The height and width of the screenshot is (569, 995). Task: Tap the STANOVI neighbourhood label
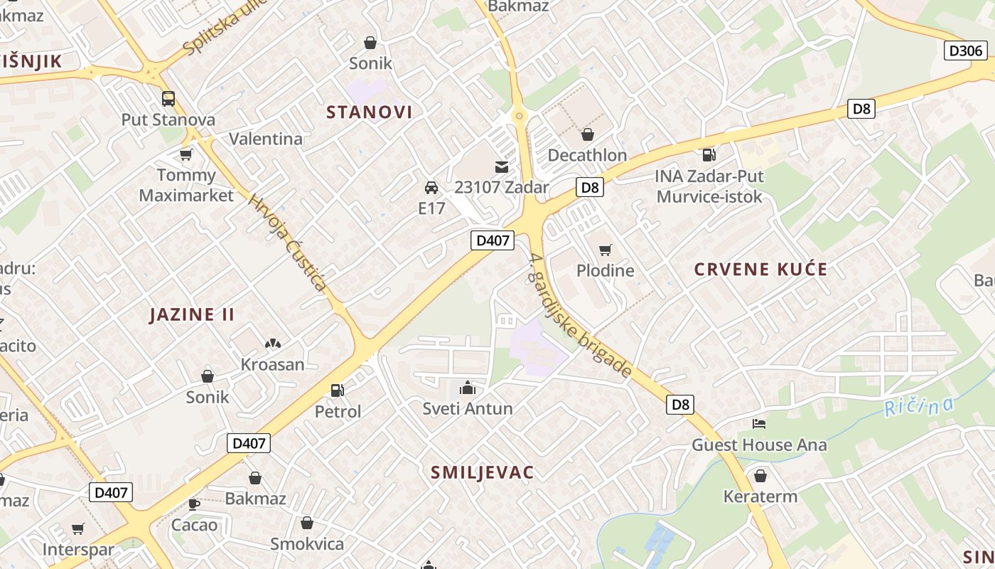[x=369, y=112]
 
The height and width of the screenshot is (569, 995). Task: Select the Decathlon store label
[x=587, y=155]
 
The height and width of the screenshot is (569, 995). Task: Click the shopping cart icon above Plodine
[x=605, y=250]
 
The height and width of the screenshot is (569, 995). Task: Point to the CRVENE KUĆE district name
[x=760, y=270]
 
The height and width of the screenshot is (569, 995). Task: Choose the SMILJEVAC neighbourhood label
[x=483, y=472]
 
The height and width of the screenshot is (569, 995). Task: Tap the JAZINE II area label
[x=192, y=314]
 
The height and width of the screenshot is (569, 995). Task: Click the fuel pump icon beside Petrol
[x=338, y=390]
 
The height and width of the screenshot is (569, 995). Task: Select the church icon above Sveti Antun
[x=467, y=388]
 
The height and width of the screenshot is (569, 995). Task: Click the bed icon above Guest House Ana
[x=759, y=424]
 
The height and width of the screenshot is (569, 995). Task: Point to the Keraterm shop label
[x=760, y=496]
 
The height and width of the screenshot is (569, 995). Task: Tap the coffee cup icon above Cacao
[x=193, y=504]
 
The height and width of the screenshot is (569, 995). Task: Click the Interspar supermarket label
[x=78, y=550]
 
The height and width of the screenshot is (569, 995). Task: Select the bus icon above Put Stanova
[x=168, y=99]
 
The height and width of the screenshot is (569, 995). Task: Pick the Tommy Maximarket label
[x=186, y=185]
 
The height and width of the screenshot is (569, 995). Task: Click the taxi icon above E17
[x=431, y=188]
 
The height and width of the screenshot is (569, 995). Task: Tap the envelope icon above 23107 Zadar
[x=502, y=167]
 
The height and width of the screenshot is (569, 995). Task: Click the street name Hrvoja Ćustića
[x=288, y=243]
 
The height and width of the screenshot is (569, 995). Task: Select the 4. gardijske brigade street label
[x=581, y=317]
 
